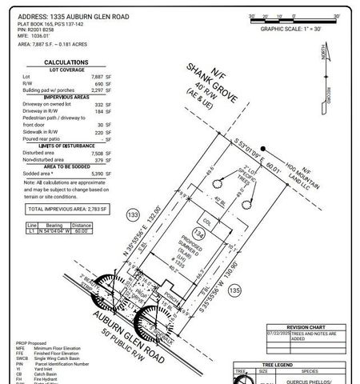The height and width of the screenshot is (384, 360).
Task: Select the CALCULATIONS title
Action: [66, 62]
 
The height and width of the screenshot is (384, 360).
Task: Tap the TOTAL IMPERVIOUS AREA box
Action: [67, 209]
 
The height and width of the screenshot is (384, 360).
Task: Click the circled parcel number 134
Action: [201, 234]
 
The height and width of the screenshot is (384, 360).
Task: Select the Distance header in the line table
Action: [82, 226]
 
